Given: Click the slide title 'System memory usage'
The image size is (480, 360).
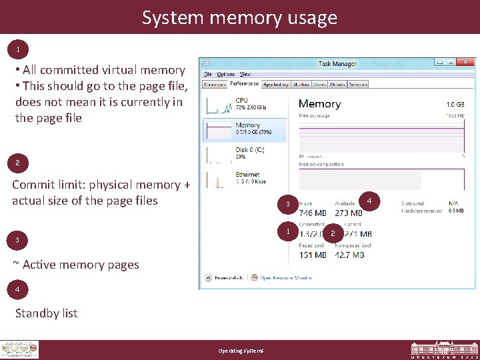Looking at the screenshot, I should tap(239, 17).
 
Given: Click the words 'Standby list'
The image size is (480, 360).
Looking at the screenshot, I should tap(47, 313).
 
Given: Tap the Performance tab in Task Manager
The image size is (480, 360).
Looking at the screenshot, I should tap(245, 84).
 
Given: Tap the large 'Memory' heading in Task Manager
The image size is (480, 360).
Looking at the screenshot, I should tap(319, 104).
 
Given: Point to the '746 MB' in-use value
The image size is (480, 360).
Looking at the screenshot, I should tap(313, 213).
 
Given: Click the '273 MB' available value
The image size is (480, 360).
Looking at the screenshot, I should tap(349, 213).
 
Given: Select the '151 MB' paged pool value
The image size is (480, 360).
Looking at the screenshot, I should tap(313, 255).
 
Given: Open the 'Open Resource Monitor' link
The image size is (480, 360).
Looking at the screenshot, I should tap(285, 277).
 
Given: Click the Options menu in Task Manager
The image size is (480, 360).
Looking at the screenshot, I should tap(225, 74).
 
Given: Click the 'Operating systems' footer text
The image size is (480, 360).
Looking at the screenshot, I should tap(241, 351).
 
